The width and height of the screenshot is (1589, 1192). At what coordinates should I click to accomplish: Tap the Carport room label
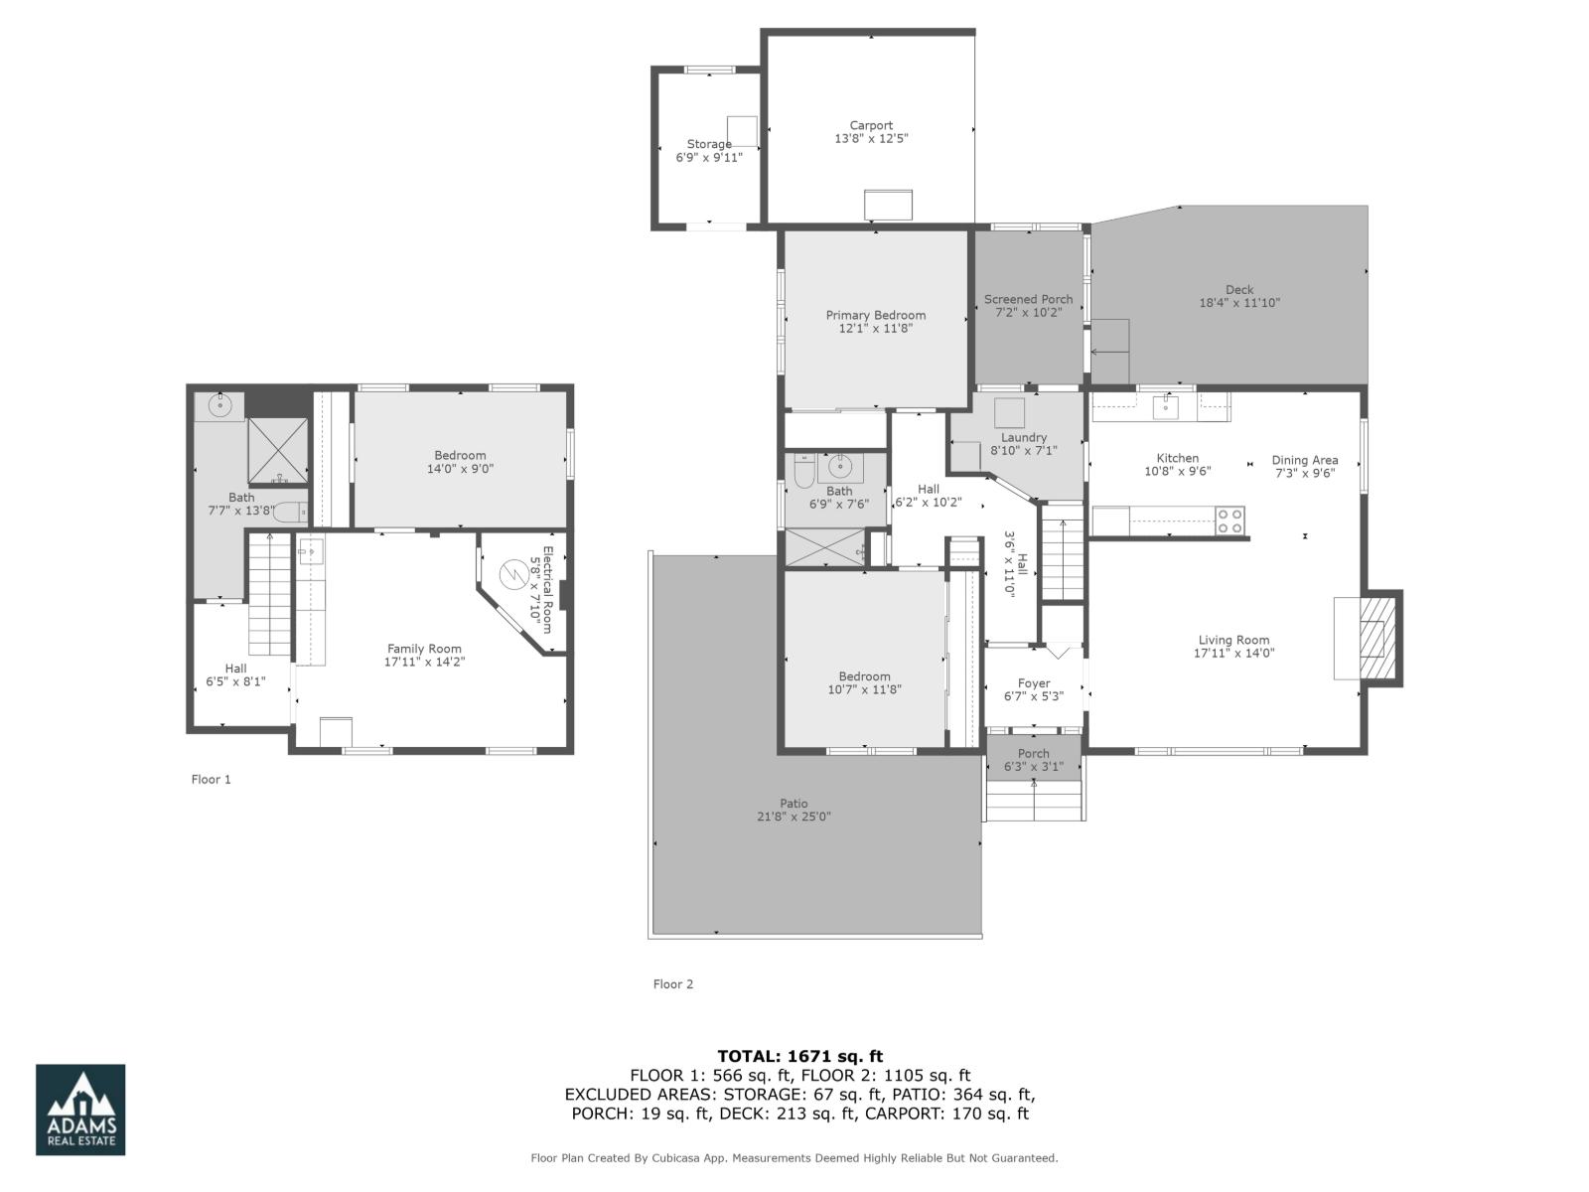click(x=871, y=125)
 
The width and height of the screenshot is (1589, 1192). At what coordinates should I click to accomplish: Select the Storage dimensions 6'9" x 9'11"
click(x=709, y=157)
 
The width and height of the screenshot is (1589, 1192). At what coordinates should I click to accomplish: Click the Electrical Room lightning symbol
click(x=514, y=574)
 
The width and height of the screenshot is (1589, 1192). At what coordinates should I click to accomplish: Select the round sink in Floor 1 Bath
click(x=219, y=405)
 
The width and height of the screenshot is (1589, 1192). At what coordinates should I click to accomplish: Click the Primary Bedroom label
click(x=876, y=315)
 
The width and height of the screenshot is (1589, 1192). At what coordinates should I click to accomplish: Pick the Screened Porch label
click(x=1028, y=299)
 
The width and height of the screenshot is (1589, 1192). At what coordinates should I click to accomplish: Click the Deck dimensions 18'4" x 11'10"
click(x=1239, y=303)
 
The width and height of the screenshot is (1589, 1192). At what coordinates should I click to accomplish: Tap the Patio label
click(x=794, y=804)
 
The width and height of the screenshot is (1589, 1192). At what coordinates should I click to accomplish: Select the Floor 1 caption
click(x=211, y=779)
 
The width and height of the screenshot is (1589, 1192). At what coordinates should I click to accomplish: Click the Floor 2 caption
click(x=673, y=983)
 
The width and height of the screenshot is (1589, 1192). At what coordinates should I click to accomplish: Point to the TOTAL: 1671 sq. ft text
click(x=799, y=1056)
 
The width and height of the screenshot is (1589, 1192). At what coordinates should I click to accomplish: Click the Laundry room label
click(x=1024, y=437)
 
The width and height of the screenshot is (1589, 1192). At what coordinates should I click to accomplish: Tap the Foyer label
click(x=1034, y=683)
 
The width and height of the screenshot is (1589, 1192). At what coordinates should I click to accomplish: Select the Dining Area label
click(x=1305, y=460)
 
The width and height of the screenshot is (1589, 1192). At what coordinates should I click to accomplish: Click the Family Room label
click(x=424, y=649)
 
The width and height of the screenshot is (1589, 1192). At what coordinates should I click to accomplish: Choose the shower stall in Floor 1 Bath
click(x=277, y=450)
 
